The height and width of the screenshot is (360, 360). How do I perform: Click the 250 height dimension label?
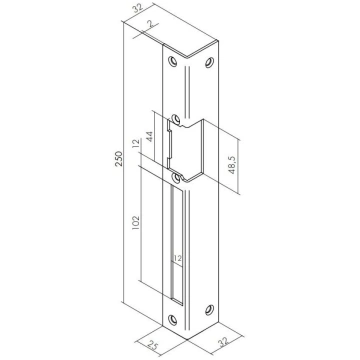pos(119,159)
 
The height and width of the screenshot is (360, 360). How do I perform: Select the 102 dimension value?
pos(137,223)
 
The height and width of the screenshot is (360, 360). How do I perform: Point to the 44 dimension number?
pos(149,137)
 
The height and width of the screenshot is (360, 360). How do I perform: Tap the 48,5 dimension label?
pos(232,165)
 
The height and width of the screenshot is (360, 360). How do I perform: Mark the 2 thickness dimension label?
pos(150,23)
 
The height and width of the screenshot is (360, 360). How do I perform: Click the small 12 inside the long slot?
pos(177,258)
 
